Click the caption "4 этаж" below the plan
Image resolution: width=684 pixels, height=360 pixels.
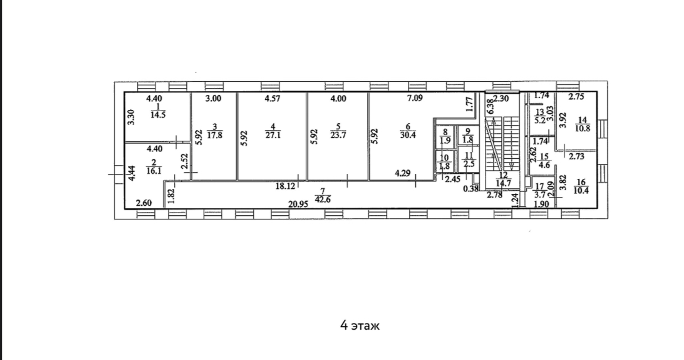click(x=360, y=326)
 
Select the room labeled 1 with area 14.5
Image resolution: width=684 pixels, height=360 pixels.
click(x=158, y=110)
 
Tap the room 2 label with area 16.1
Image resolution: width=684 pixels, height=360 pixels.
click(x=154, y=167)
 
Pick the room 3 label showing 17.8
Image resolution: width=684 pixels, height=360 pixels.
click(x=215, y=131)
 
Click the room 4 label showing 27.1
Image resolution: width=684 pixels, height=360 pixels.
click(x=273, y=131)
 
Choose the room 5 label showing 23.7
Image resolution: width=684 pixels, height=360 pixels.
click(x=338, y=131)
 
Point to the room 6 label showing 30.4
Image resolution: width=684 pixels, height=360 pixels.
click(x=408, y=131)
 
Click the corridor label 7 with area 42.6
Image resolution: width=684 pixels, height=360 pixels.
click(x=323, y=196)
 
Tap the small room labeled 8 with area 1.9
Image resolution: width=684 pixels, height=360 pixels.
click(x=445, y=136)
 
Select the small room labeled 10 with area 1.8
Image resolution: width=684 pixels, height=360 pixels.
click(x=444, y=161)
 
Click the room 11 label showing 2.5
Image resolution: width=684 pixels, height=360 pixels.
click(x=469, y=160)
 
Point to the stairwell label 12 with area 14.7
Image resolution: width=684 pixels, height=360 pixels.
click(x=503, y=179)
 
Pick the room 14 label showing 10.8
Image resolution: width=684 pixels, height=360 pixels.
click(x=582, y=124)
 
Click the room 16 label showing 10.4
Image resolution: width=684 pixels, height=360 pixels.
click(x=581, y=186)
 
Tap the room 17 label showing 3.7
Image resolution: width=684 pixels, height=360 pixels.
click(x=540, y=190)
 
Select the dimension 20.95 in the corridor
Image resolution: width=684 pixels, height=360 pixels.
click(x=299, y=204)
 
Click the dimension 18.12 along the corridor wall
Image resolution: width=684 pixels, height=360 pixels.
click(x=285, y=186)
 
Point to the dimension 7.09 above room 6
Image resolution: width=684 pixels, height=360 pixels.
click(x=415, y=98)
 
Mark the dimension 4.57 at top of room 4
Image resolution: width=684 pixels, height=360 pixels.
click(x=272, y=99)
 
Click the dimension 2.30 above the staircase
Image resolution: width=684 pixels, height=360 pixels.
click(x=501, y=98)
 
